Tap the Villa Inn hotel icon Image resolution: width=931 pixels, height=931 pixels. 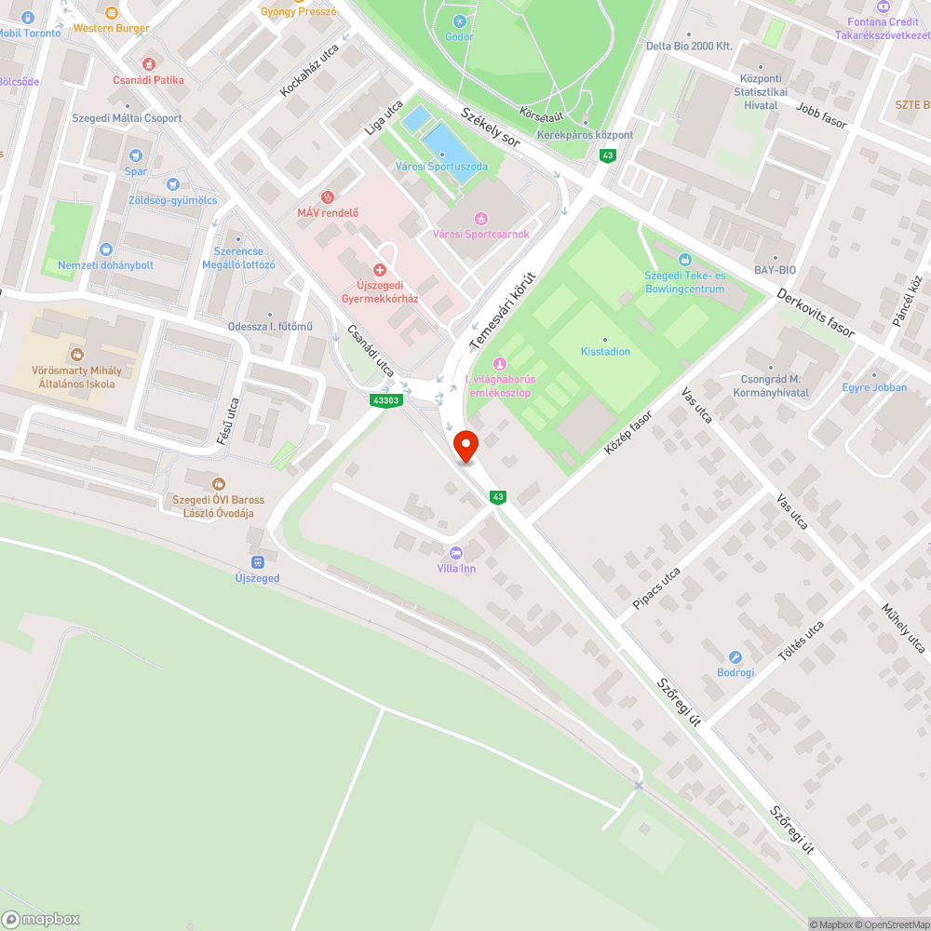coord(455,552)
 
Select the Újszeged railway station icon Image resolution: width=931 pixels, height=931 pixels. coord(257,561)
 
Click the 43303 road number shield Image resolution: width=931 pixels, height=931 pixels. coord(385,400)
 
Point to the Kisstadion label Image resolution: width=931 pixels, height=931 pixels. coord(605,352)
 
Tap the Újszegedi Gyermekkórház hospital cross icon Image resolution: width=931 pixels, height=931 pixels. coord(380,269)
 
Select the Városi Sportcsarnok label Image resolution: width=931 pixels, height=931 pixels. coord(481,234)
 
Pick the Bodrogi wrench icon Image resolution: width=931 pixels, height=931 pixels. coord(735,657)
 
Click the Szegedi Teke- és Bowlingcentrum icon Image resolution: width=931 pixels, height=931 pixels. coord(685,260)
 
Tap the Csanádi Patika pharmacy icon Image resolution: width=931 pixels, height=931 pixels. coord(149,64)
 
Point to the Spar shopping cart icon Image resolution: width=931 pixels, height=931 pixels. coord(136,155)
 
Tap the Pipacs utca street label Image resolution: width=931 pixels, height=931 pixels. coord(656,588)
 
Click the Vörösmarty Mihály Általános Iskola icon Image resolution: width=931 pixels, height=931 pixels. coord(76,355)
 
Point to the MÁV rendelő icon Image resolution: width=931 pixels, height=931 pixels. coord(328,196)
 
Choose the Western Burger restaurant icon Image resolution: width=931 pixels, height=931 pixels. coord(112,12)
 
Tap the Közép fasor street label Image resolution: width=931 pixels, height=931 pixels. coord(628,433)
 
